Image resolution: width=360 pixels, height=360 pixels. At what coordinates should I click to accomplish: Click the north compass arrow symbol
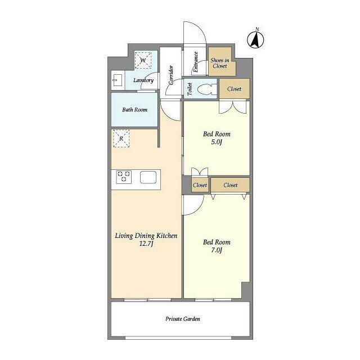click(255, 39)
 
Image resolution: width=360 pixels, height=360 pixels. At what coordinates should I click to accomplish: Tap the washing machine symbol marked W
click(143, 60)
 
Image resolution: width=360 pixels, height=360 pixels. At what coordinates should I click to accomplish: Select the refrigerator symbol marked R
click(121, 138)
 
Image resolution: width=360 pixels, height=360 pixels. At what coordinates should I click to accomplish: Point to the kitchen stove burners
click(124, 177)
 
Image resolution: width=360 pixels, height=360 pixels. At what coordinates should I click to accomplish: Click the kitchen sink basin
click(148, 177)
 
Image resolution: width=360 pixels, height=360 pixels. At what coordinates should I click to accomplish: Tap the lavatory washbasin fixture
click(118, 80)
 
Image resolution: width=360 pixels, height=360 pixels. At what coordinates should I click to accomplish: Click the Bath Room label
click(135, 110)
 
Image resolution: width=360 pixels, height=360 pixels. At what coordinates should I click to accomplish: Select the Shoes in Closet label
click(220, 63)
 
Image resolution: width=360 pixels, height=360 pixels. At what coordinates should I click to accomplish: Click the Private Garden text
click(183, 319)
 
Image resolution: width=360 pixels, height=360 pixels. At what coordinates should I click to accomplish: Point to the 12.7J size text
click(146, 244)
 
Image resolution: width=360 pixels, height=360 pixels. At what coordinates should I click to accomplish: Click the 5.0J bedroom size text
click(217, 142)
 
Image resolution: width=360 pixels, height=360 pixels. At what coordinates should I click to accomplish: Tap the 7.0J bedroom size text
click(217, 250)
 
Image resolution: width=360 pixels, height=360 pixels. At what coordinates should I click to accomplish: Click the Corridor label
click(171, 75)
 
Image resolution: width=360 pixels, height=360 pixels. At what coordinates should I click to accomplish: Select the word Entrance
click(195, 62)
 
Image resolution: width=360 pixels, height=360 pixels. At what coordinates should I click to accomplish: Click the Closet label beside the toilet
click(234, 89)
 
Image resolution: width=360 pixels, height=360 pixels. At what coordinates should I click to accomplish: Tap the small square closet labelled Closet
click(200, 185)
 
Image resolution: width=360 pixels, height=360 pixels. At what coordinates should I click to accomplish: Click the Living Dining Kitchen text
click(146, 236)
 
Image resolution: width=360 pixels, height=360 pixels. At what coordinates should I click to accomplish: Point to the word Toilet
click(190, 89)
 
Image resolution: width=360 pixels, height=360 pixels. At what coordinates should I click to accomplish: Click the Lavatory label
click(143, 80)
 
